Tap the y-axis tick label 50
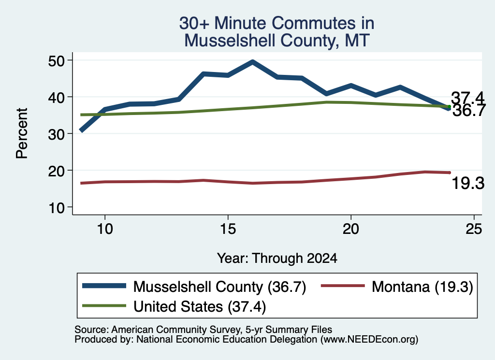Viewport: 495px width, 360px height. [x=56, y=60]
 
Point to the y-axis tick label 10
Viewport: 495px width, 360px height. [x=56, y=208]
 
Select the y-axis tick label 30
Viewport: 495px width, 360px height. [x=56, y=134]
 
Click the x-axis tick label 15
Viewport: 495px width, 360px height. [x=228, y=229]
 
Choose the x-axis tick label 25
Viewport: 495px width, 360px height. [x=474, y=229]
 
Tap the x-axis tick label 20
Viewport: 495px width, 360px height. [x=351, y=229]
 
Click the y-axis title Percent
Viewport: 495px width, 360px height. [x=22, y=133]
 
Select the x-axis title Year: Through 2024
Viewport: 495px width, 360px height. [x=277, y=258]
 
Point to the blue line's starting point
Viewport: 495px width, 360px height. [x=81, y=130]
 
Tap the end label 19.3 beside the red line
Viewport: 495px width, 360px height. [x=468, y=183]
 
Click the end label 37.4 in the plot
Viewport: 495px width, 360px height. [x=467, y=98]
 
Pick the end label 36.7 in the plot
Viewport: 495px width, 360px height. [x=468, y=111]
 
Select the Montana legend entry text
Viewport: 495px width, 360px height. [x=422, y=287]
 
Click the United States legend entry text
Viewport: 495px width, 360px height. [x=200, y=306]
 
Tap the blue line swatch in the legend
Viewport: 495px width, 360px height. [x=104, y=286]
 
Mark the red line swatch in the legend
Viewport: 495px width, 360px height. [x=343, y=286]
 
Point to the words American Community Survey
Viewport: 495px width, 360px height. [x=175, y=330]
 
